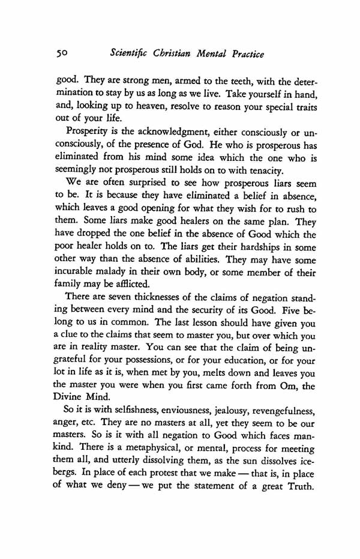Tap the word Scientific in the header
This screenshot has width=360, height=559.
[x=130, y=55]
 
